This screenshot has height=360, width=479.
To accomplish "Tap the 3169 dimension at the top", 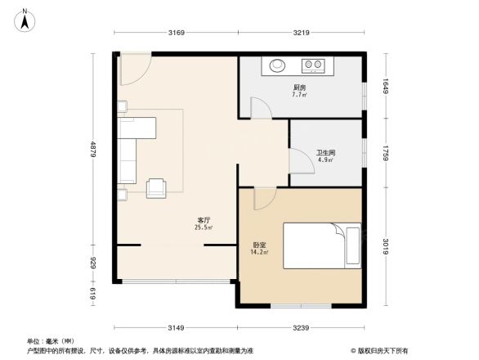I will point(177,34).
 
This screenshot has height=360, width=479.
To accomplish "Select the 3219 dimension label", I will point(302,34).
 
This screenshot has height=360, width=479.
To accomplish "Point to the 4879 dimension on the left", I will point(92,151).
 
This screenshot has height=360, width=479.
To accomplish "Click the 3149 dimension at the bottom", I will point(177,327).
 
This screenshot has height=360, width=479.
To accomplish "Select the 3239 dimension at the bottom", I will point(302,327).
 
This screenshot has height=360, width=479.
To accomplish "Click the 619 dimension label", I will point(92,292).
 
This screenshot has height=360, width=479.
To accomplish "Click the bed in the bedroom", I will point(321,245).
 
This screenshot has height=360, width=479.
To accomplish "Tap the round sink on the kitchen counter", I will point(273,65).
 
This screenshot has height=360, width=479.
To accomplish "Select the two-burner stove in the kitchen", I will point(313,65).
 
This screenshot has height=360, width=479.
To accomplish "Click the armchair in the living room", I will point(155,188).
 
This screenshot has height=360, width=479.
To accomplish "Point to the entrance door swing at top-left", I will point(132,70).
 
